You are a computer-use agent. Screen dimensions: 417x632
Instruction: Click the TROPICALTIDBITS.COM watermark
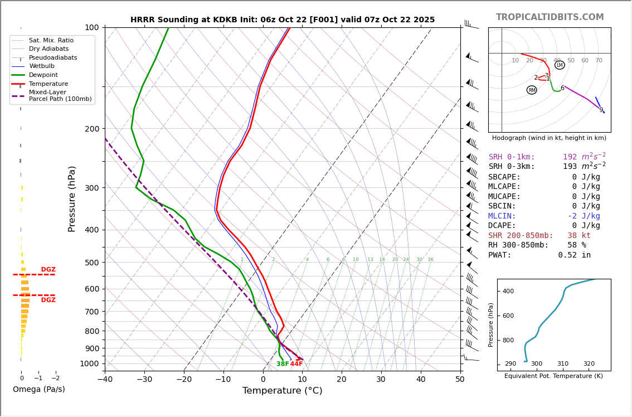(x=550, y=17)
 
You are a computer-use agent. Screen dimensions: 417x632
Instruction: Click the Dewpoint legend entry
(x=43, y=75)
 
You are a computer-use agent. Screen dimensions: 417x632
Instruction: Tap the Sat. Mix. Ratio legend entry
(x=51, y=41)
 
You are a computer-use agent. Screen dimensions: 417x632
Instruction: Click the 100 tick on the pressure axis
(x=92, y=27)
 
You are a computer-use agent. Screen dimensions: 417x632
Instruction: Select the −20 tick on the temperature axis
(x=183, y=380)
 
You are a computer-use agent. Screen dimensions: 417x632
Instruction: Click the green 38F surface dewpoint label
(x=283, y=364)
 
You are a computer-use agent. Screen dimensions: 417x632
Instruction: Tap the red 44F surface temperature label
(x=296, y=364)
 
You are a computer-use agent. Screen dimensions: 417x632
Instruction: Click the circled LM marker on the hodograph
(x=560, y=65)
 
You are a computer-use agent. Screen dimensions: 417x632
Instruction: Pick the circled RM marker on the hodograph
(x=532, y=90)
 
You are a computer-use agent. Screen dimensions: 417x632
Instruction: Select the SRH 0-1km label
(x=512, y=157)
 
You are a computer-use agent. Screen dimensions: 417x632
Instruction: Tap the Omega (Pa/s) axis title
(x=38, y=390)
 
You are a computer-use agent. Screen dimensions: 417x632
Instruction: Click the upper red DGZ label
(x=48, y=270)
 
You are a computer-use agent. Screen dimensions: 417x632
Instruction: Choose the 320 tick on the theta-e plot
(x=589, y=364)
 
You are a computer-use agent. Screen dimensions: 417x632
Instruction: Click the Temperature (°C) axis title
(x=282, y=391)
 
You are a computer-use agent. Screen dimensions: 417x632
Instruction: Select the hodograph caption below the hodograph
(x=549, y=138)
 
